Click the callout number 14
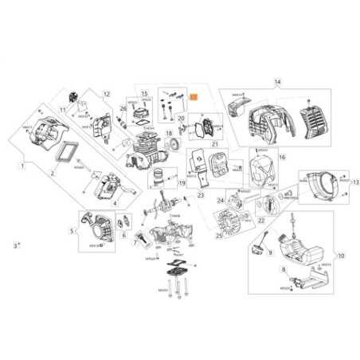(278, 82)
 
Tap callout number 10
(341, 256)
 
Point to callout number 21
(214, 143)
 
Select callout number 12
(106, 94)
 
